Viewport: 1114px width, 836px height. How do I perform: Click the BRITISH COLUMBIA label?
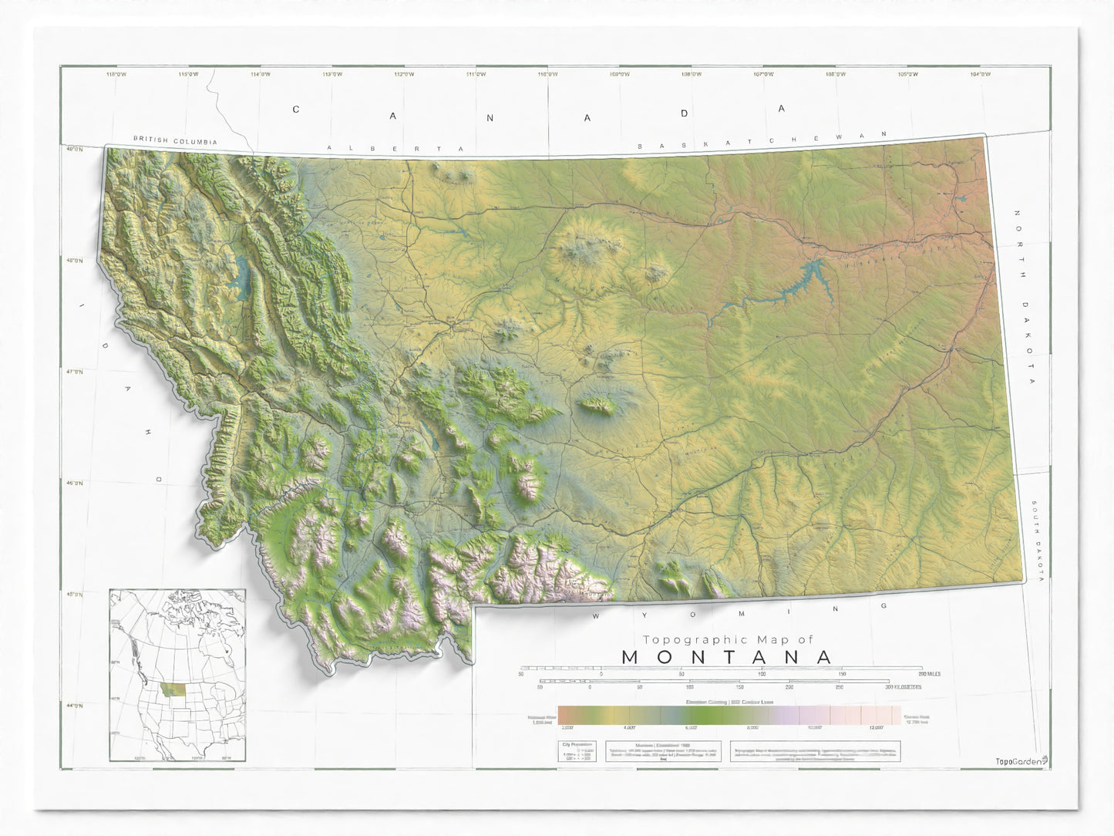tap(175, 141)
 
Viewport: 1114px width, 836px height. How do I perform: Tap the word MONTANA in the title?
tap(727, 657)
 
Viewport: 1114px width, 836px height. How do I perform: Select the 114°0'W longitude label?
tap(261, 74)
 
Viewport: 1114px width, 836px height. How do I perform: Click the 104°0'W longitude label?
tap(980, 74)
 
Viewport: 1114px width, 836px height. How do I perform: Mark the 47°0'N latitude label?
tap(74, 372)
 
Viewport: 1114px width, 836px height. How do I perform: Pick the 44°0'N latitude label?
tap(74, 706)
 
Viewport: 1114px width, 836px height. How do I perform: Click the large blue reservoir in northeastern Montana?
tap(798, 282)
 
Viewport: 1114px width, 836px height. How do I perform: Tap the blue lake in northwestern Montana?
tap(244, 273)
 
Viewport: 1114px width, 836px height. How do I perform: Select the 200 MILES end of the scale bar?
tap(928, 674)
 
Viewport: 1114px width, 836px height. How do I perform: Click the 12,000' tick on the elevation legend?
tap(876, 726)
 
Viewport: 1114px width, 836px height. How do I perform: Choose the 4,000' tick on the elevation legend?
tap(629, 726)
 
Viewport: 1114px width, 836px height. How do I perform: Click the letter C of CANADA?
tap(295, 110)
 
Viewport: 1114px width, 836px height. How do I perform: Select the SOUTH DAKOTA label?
tap(1038, 541)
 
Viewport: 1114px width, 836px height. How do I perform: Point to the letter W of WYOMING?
tap(596, 616)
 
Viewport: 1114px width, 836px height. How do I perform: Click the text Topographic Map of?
tap(728, 639)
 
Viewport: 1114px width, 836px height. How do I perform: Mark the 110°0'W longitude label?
tap(548, 74)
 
